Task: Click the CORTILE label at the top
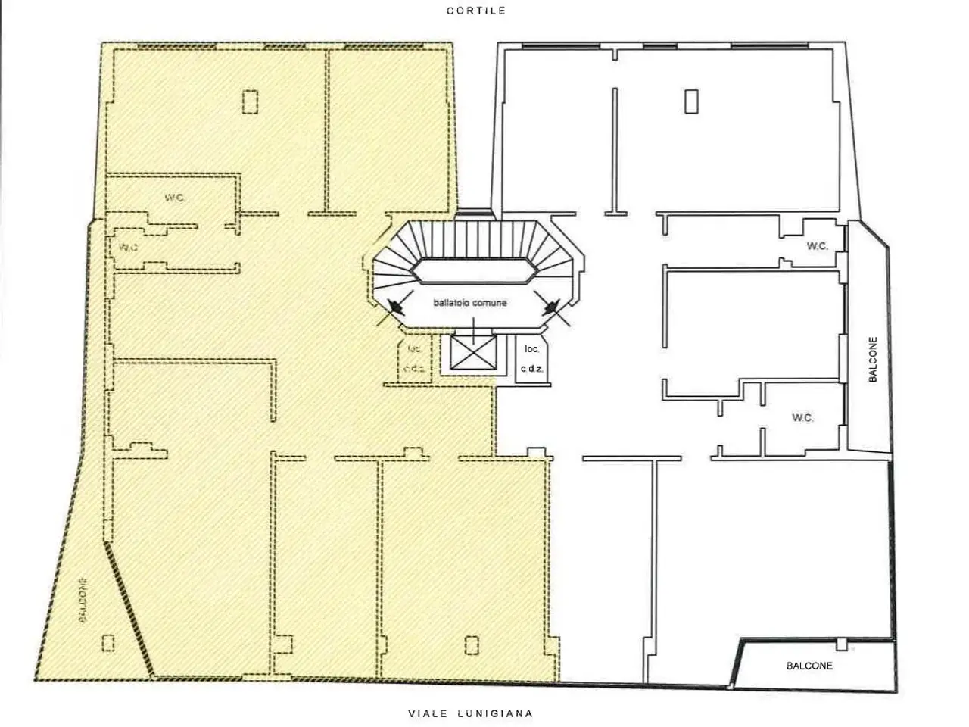476,11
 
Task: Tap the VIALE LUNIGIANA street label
471,713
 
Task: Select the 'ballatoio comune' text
470,303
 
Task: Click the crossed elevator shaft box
473,352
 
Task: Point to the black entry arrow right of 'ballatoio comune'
551,307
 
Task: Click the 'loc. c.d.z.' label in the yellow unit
414,358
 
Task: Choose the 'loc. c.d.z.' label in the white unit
531,358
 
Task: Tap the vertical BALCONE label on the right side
873,359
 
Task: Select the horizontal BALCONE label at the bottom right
809,666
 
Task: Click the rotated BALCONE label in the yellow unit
83,601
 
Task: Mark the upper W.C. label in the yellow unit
174,198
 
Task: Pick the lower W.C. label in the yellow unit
129,247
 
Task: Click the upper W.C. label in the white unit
817,246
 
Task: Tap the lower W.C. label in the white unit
802,417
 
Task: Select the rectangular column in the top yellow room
251,102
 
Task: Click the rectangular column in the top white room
691,101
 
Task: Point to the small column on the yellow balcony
108,643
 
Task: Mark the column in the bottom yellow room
472,645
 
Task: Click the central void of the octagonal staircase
475,270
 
